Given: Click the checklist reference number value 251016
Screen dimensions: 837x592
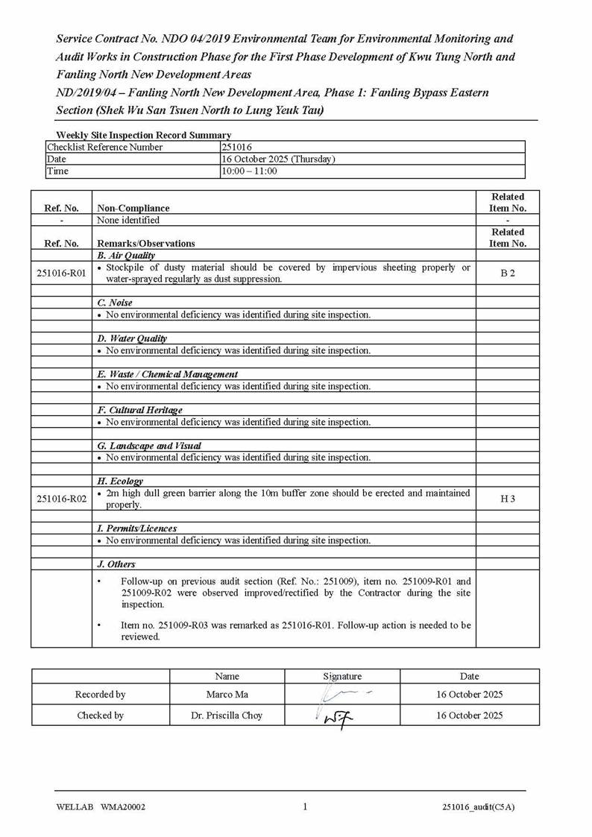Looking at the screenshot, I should pos(236,148).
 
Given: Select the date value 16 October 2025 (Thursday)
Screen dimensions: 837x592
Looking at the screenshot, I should pos(278,159).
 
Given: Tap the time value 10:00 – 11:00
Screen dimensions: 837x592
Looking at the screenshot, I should pos(249,171).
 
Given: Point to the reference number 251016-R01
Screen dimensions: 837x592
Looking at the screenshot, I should pos(61,274).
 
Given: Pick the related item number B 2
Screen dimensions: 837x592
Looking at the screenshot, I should pos(508,274).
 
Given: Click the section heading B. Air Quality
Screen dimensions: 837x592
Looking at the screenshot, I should pos(126,256).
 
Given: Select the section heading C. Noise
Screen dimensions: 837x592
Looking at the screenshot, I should pos(115,303).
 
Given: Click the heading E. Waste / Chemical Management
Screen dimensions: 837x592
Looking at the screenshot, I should pos(168,375).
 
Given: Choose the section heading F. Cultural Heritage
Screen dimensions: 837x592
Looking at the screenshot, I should pos(139,411).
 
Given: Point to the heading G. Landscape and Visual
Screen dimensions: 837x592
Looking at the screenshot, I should pos(149,446).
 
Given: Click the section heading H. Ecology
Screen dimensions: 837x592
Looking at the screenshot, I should pos(120,482).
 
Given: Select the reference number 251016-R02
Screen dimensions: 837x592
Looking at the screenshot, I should pos(61,499).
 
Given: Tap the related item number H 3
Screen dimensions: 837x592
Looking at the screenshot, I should pos(508,499).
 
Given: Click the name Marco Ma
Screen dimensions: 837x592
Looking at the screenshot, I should pos(227,695).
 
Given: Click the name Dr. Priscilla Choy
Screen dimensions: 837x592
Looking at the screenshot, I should pos(227,716).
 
